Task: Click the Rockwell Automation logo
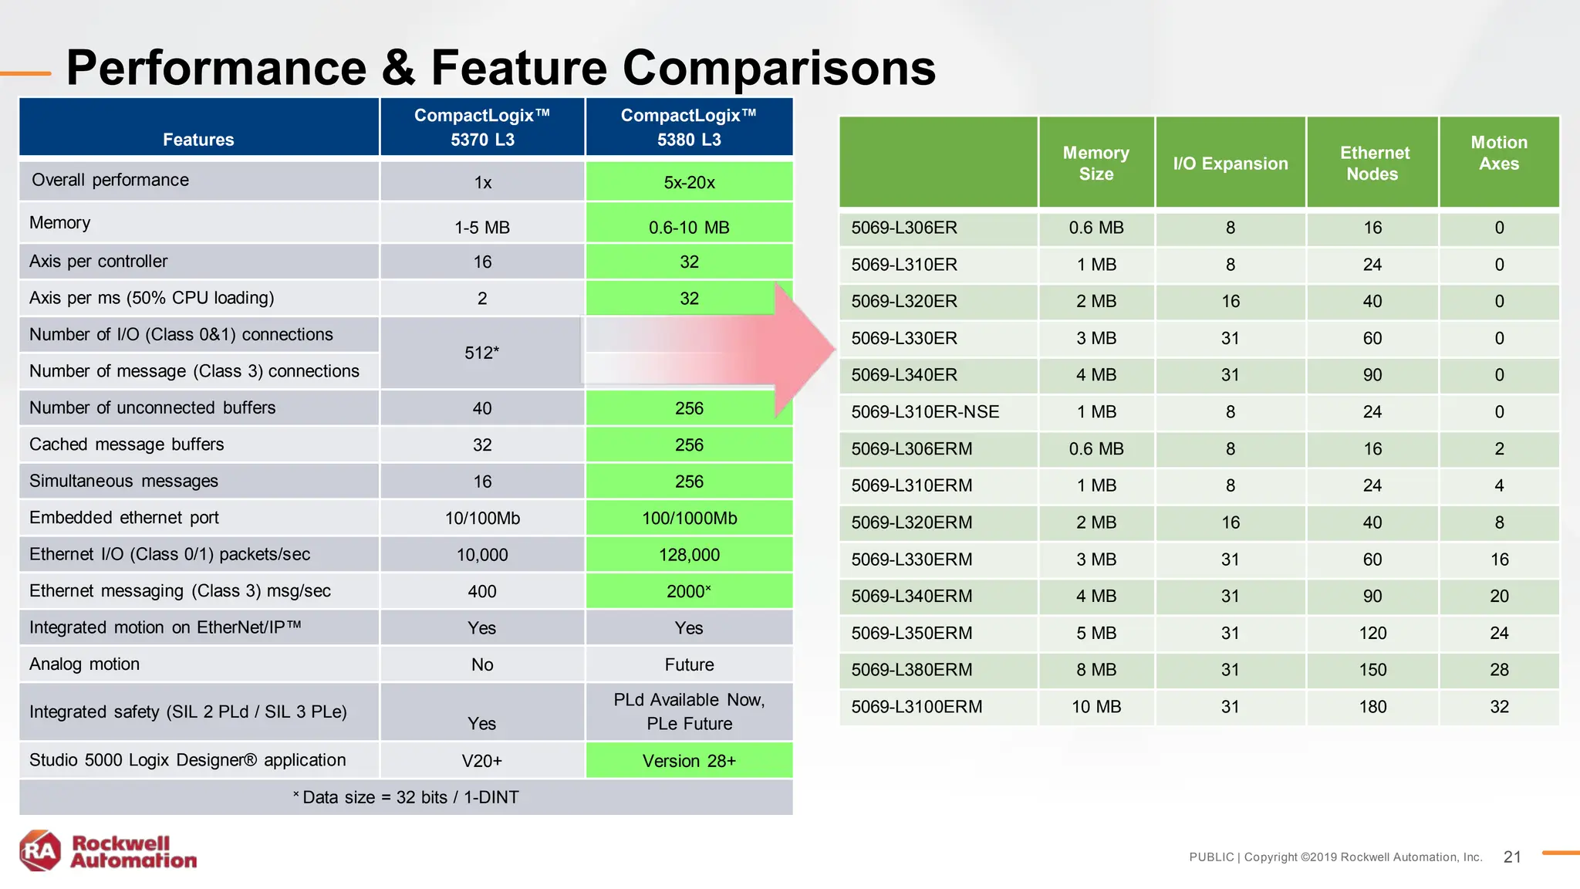coord(108,851)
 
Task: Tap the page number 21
coord(1512,857)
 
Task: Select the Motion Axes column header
coord(1498,154)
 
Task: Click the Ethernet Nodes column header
coord(1373,163)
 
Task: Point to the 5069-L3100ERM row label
coord(917,707)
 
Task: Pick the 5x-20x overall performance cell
coord(689,183)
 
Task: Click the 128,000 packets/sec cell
coord(689,555)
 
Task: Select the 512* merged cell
coord(481,353)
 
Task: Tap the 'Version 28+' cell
coord(689,761)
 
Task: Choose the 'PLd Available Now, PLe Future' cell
coord(689,712)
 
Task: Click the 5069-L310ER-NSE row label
coord(925,412)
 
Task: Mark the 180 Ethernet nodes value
coord(1372,707)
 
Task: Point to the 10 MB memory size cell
coord(1096,707)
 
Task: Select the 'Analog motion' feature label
coord(85,664)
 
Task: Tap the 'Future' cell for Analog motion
coord(689,664)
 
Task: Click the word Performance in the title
coord(216,68)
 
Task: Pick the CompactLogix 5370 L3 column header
coord(482,127)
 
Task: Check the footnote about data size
coord(406,797)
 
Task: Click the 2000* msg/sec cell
coord(689,591)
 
